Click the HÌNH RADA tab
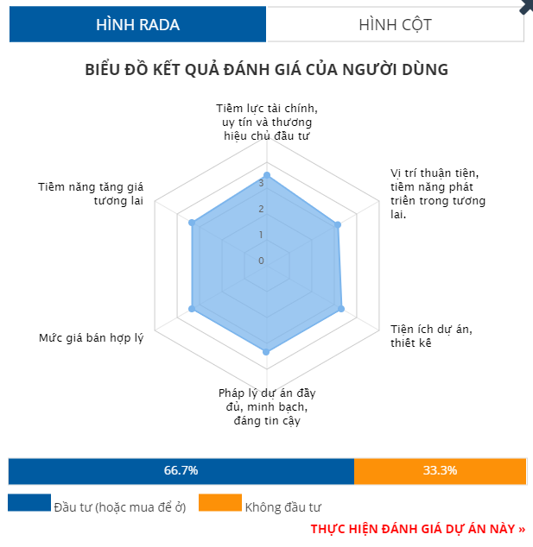point(137,24)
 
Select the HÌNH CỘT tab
point(395,24)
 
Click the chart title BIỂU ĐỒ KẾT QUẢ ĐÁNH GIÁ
point(266,70)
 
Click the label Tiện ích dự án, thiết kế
point(431,336)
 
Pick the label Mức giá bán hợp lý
point(91,337)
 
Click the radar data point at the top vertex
point(266,175)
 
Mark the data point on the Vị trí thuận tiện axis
point(338,223)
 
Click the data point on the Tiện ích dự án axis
point(341,308)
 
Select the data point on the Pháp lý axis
point(266,352)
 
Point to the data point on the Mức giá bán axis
point(193,308)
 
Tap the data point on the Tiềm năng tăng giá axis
point(193,223)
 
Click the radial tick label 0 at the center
point(261,260)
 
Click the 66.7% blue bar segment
point(181,471)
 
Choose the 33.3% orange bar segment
point(440,471)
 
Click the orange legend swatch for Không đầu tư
point(219,502)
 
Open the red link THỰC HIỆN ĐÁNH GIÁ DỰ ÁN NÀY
point(417,528)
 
